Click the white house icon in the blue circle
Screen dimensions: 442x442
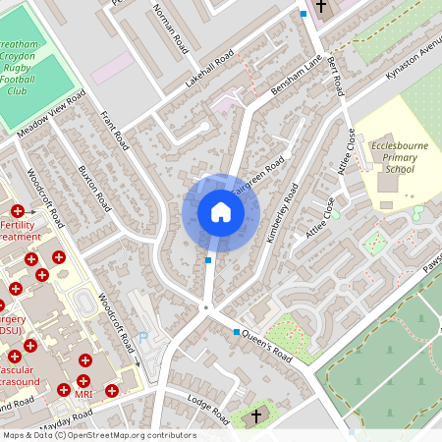pos(220,212)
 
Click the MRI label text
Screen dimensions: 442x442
pos(83,394)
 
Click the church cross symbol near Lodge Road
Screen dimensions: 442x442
pos(256,416)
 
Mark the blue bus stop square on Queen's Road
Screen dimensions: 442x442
pos(236,332)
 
